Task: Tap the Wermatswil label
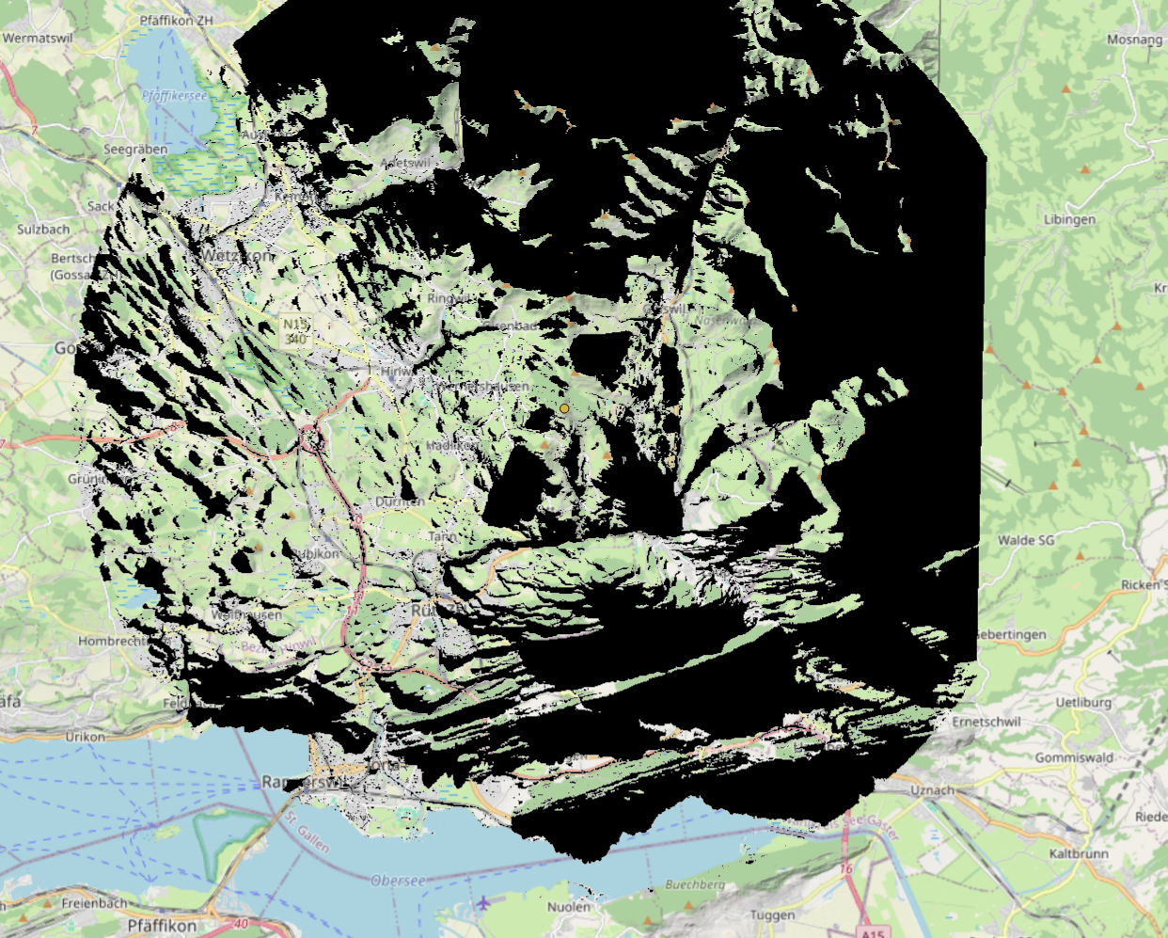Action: coord(38,39)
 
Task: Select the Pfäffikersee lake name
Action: coord(174,95)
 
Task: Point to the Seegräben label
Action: coord(135,150)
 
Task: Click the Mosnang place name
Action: coord(1134,40)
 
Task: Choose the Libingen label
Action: coord(1069,219)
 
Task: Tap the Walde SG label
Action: coord(1026,540)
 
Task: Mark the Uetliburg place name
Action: coord(1083,702)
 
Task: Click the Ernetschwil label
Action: coord(986,722)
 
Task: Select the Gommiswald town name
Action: coord(1074,757)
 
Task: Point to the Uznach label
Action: coord(932,790)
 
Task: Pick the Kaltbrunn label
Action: coord(1079,853)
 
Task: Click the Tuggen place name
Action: coord(772,914)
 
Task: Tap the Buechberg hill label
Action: coord(695,884)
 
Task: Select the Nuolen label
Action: coord(569,907)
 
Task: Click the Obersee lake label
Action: coord(397,881)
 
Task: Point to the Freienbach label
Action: coord(94,902)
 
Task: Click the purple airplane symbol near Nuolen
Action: coord(483,903)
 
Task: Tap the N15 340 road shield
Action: coord(294,330)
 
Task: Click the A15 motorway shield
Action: coord(874,932)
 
